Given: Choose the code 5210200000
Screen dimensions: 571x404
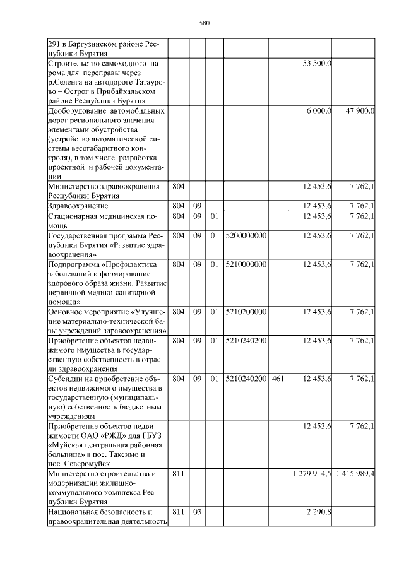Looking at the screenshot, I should coord(246,311).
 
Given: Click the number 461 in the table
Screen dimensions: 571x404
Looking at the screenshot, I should coord(278,379).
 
